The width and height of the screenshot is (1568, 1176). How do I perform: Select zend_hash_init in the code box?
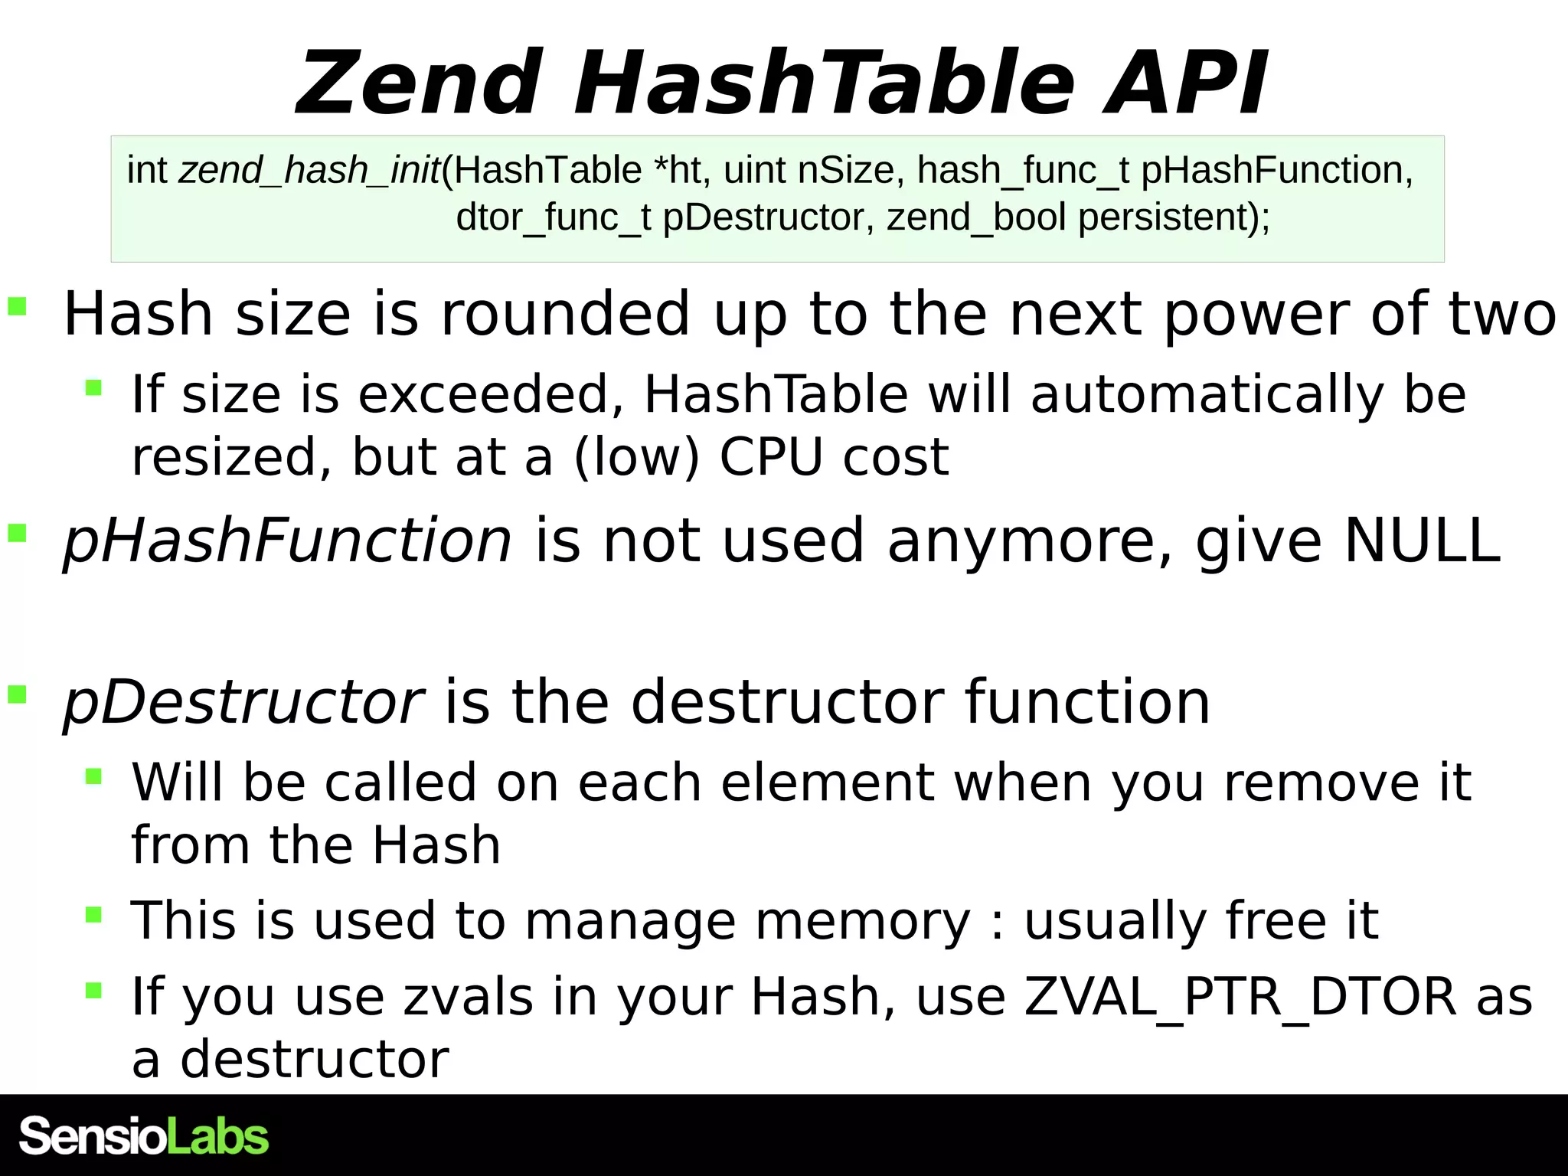[309, 170]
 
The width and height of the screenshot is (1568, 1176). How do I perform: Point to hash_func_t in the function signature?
[1023, 170]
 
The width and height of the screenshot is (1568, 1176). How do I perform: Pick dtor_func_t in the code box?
[553, 217]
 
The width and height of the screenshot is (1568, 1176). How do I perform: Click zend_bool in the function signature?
[976, 217]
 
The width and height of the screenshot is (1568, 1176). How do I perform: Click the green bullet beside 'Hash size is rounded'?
[17, 307]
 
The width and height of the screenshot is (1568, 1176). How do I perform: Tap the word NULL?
[1423, 541]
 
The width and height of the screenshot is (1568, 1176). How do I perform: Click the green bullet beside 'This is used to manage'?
[93, 914]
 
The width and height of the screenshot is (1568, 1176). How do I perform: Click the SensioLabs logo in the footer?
[144, 1136]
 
